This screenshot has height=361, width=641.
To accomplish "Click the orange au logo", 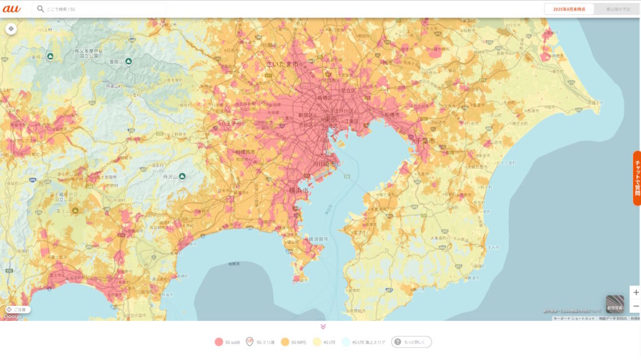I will coord(12,9).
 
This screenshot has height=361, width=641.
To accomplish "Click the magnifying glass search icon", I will coord(41,9).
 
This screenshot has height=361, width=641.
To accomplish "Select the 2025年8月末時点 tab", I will coord(568,9).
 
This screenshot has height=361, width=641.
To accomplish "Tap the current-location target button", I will coord(11,28).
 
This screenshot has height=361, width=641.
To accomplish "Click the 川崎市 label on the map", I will coord(324,164).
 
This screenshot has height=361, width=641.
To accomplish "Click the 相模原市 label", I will coord(246,152).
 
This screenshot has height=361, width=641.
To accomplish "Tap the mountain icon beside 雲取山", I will coord(128,61).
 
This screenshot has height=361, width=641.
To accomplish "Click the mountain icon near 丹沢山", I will coord(182,176).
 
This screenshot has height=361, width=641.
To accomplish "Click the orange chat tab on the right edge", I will coord(637,178).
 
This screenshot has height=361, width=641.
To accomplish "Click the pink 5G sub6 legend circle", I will coord(218,342).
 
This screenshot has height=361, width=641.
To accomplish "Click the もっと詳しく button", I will coord(411,342).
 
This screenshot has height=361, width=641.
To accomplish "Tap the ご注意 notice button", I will coord(18,309).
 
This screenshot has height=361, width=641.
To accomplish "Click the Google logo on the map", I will coord(13,317).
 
